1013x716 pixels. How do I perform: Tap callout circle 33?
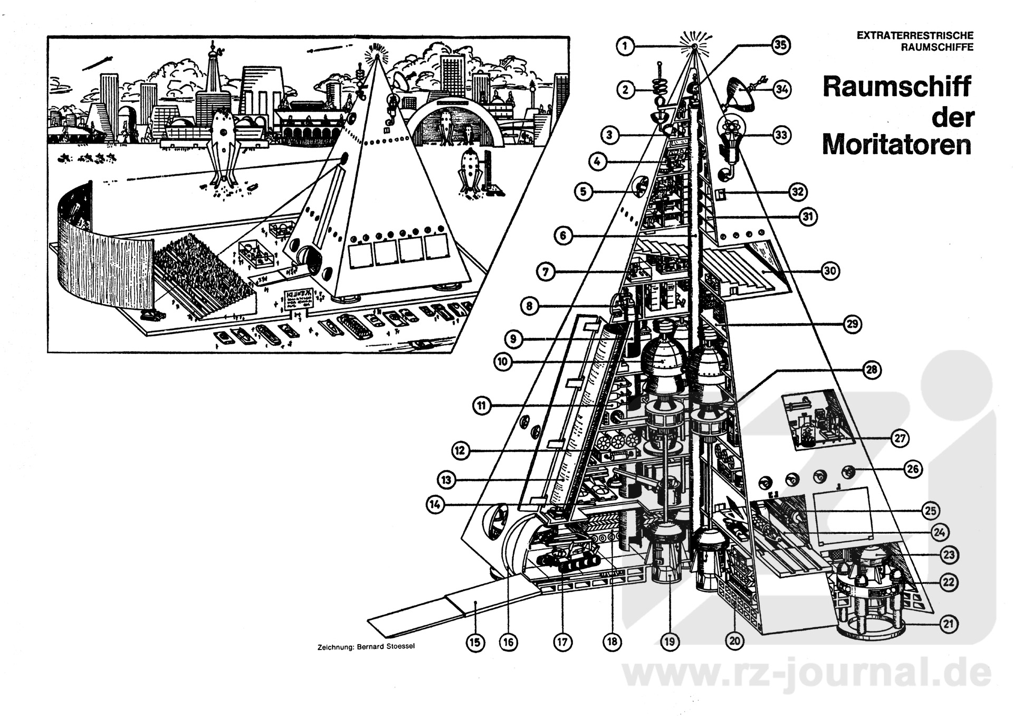(x=781, y=135)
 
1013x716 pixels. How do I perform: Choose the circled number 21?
(x=949, y=624)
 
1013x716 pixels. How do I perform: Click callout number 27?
(x=900, y=438)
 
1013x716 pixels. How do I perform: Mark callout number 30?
(x=830, y=271)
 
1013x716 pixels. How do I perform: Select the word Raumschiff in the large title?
(x=896, y=87)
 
